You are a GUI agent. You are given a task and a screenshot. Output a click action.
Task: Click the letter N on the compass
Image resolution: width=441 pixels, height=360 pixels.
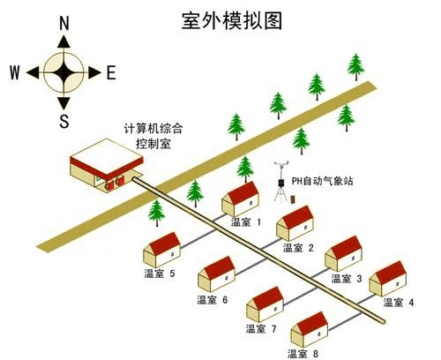(64, 23)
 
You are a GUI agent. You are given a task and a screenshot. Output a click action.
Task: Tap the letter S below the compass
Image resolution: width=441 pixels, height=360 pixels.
(64, 121)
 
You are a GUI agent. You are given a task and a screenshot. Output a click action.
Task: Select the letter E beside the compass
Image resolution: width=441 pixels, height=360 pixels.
(111, 72)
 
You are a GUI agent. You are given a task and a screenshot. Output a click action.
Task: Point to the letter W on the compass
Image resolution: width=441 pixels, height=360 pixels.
(15, 72)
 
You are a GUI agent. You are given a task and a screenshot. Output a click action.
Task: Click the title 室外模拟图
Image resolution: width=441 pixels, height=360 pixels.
(232, 20)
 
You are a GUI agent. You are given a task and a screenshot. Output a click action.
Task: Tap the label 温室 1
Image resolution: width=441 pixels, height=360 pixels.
(246, 221)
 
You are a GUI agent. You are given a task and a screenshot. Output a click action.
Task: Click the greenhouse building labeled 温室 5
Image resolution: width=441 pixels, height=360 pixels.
(162, 250)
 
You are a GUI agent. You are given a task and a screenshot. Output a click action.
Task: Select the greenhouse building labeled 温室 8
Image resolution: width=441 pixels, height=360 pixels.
(310, 329)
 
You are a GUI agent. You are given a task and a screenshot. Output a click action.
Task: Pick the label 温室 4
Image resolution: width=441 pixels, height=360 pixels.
(399, 302)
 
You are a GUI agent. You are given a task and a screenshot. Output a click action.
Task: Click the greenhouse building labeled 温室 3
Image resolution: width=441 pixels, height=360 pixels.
(343, 253)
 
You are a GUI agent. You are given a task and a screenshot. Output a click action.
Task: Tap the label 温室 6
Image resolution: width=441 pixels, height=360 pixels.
(213, 300)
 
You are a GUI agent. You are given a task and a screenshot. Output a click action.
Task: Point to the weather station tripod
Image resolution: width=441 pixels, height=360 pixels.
(281, 183)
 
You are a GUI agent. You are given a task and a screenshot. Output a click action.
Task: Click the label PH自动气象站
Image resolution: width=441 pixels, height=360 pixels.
(322, 181)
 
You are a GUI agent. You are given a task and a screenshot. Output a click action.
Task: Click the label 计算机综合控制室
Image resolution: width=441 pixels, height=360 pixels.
(153, 136)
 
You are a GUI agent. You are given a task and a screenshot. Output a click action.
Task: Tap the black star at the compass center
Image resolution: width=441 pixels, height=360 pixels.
(64, 72)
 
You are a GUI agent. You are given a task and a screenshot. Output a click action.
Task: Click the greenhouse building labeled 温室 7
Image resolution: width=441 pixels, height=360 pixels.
(265, 304)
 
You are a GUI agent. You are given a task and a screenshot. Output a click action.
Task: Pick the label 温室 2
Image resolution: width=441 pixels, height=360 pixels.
(298, 248)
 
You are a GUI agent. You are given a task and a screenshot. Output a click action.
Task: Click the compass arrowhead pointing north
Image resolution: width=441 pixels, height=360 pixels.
(64, 41)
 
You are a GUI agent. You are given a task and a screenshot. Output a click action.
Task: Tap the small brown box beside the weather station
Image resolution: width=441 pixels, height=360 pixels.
(293, 199)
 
